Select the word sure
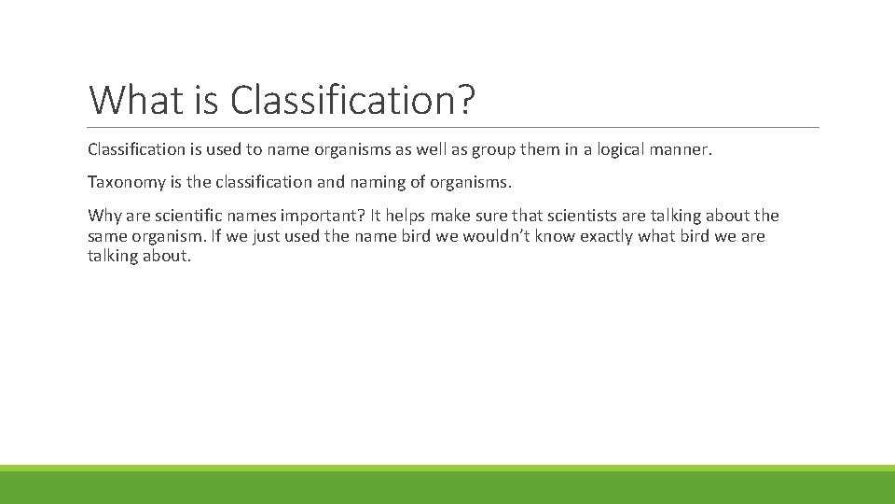point(504,216)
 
